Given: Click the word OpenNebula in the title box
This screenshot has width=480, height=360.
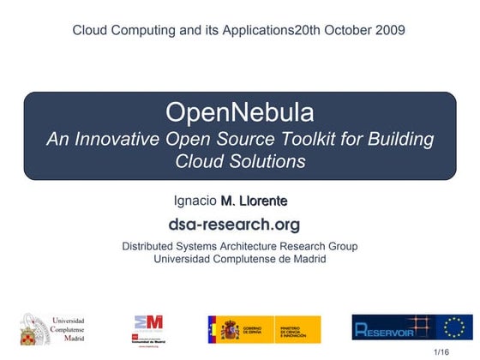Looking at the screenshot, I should [x=239, y=112].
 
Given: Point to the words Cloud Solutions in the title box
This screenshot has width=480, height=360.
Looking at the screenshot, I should [x=240, y=160].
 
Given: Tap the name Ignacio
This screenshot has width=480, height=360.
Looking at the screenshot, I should [x=195, y=201].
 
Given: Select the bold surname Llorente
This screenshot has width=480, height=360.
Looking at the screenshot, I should [x=263, y=201].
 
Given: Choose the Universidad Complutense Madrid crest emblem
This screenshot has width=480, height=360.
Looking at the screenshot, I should [x=33, y=330].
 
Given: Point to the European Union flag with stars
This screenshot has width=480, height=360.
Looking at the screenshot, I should [x=453, y=328].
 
